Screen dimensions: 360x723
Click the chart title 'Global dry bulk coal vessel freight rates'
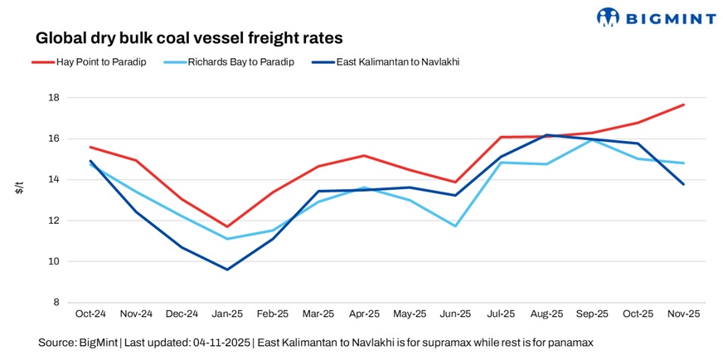[189, 38]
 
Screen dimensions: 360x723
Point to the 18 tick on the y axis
[54, 98]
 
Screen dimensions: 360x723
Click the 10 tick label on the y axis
[54, 262]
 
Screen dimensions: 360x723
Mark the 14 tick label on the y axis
[54, 180]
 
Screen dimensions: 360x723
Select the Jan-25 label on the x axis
[227, 316]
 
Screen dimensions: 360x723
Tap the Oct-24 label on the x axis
[90, 316]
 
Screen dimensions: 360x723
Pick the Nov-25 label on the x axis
[683, 316]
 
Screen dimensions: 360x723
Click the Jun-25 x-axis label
[455, 316]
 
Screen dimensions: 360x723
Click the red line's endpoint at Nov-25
[683, 105]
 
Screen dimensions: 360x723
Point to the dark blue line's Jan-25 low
[227, 270]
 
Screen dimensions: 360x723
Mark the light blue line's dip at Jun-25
[455, 226]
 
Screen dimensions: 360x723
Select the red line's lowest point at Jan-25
[227, 226]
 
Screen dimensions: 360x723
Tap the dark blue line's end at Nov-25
[683, 184]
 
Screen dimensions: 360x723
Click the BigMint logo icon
[609, 17]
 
